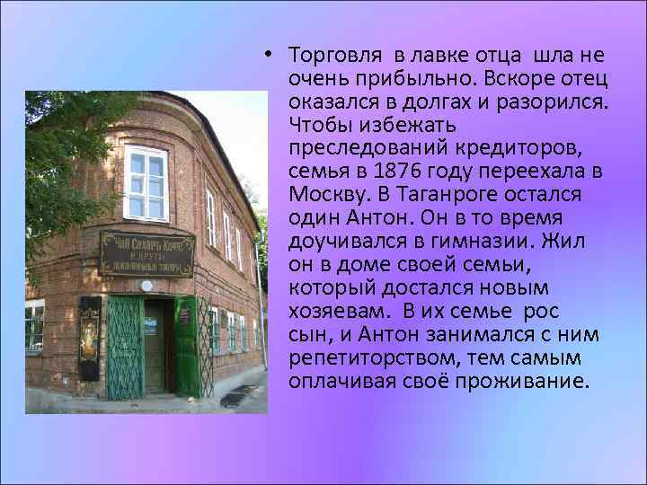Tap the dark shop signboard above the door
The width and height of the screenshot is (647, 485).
[x=146, y=253]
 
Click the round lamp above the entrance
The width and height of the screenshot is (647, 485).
[x=147, y=287]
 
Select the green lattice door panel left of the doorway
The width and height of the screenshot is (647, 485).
[x=124, y=347]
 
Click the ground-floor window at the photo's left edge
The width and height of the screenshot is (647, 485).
[x=34, y=325]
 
